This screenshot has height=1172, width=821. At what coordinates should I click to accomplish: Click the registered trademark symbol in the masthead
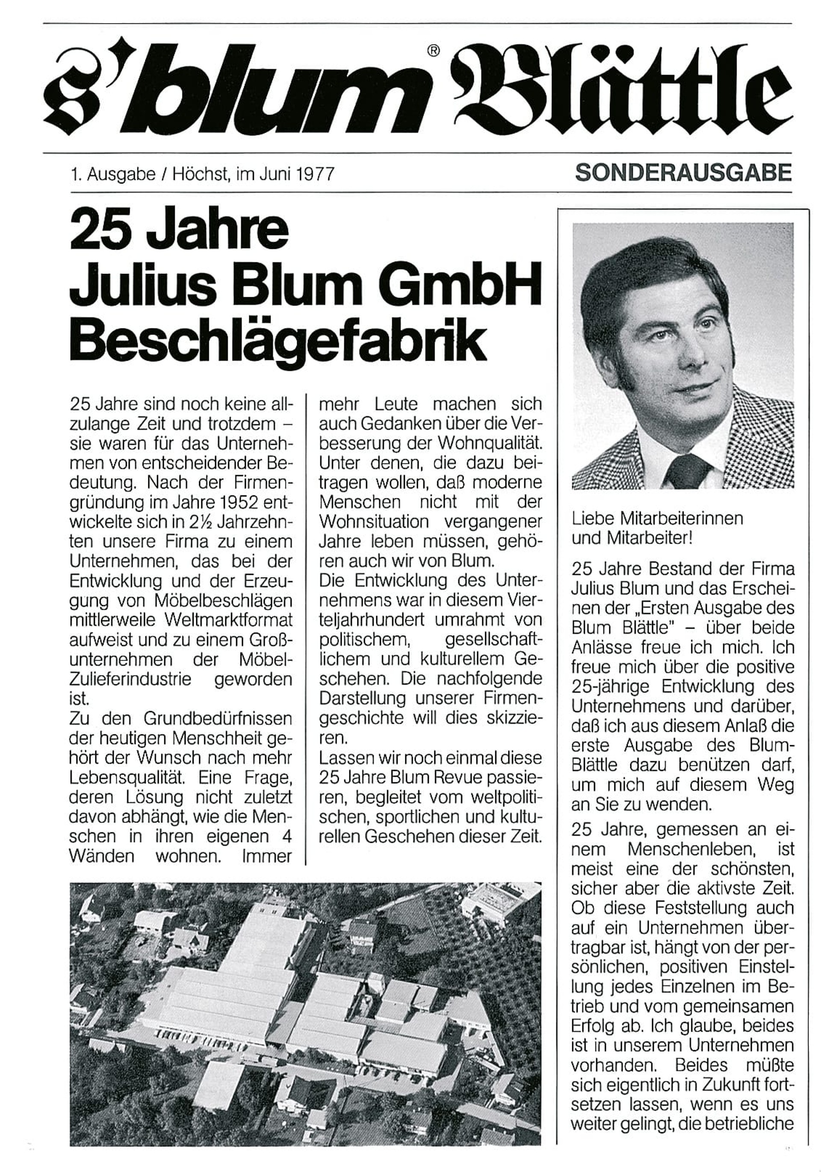pos(433,50)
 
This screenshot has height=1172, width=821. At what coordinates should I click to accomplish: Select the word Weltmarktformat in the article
pos(229,620)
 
